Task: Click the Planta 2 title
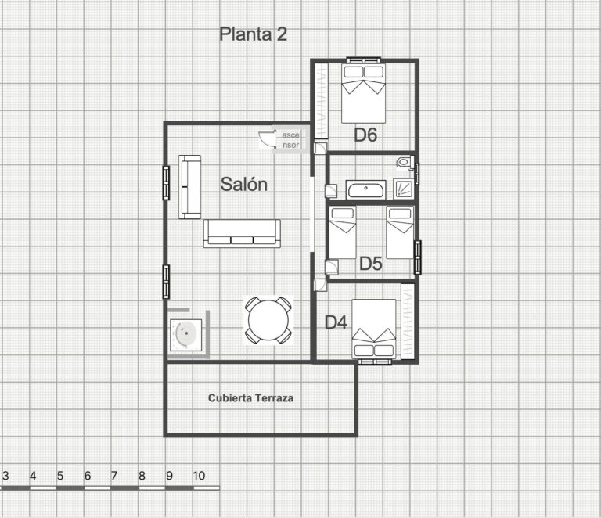(253, 34)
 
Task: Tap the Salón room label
(244, 184)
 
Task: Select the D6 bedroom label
(365, 135)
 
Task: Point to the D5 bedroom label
(371, 264)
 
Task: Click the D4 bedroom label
(336, 322)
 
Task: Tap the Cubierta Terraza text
(250, 398)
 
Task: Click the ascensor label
(290, 140)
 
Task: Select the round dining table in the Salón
(268, 320)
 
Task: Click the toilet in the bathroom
(404, 162)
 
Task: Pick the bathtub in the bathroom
(365, 189)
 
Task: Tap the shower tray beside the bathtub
(404, 189)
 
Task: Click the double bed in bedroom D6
(363, 93)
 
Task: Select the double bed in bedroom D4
(374, 329)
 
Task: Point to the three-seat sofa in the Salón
(242, 233)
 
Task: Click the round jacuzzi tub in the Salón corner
(186, 334)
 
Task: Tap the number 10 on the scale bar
(199, 476)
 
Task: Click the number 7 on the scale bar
(113, 476)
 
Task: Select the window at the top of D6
(363, 60)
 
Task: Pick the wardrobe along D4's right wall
(408, 322)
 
